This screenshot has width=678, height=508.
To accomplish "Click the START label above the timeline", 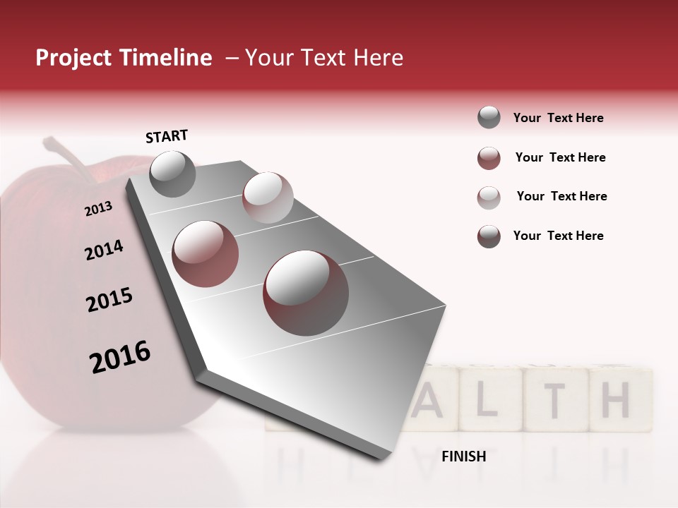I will [x=167, y=136].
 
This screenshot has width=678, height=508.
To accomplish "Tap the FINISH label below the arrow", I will [x=463, y=456].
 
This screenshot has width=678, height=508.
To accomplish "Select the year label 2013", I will [x=98, y=209].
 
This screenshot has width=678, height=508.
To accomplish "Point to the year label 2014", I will [x=104, y=250].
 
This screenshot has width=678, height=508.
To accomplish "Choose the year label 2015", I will [x=109, y=300].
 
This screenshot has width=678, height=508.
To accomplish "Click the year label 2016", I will [x=120, y=357].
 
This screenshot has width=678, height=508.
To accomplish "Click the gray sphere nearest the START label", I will [x=172, y=174].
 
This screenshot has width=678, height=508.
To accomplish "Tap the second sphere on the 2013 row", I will [x=268, y=197].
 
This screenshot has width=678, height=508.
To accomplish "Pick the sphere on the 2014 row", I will [x=206, y=253].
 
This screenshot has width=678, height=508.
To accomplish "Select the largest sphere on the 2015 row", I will [x=306, y=292].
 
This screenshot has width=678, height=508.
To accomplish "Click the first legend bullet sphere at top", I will [x=489, y=118].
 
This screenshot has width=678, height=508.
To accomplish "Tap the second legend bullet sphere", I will [x=489, y=158].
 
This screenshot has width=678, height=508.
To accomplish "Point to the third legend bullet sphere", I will [x=489, y=198].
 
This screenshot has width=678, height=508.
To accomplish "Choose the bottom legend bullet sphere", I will [x=489, y=236].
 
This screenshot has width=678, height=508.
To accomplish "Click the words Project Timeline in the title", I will [x=124, y=58].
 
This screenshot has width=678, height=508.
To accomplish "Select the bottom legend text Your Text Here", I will [x=559, y=236].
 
